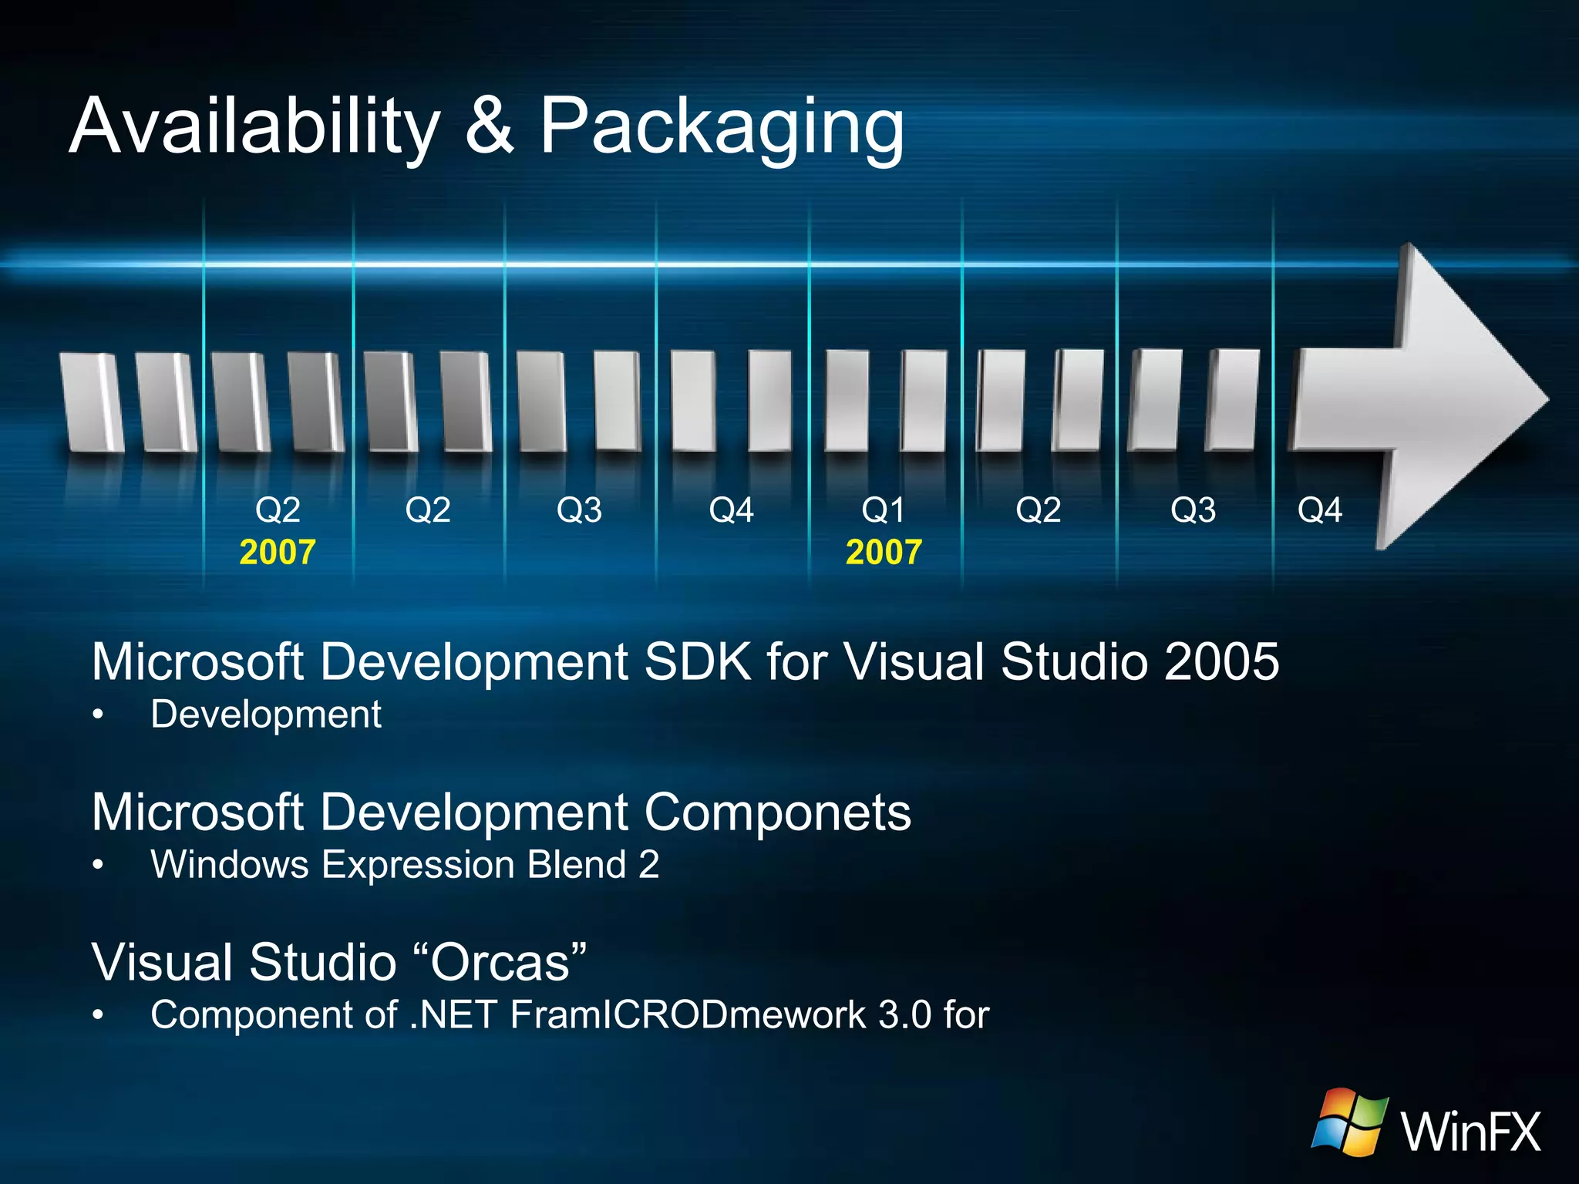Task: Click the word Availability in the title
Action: point(254,127)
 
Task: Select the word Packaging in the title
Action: point(722,127)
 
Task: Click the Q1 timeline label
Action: point(883,510)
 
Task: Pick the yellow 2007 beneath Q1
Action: point(884,553)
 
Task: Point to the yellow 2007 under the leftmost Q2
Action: point(278,553)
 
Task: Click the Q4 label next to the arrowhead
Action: point(1319,510)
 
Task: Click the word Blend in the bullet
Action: point(577,865)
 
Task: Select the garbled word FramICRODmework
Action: point(688,1015)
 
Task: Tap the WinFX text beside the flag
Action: point(1471,1132)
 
